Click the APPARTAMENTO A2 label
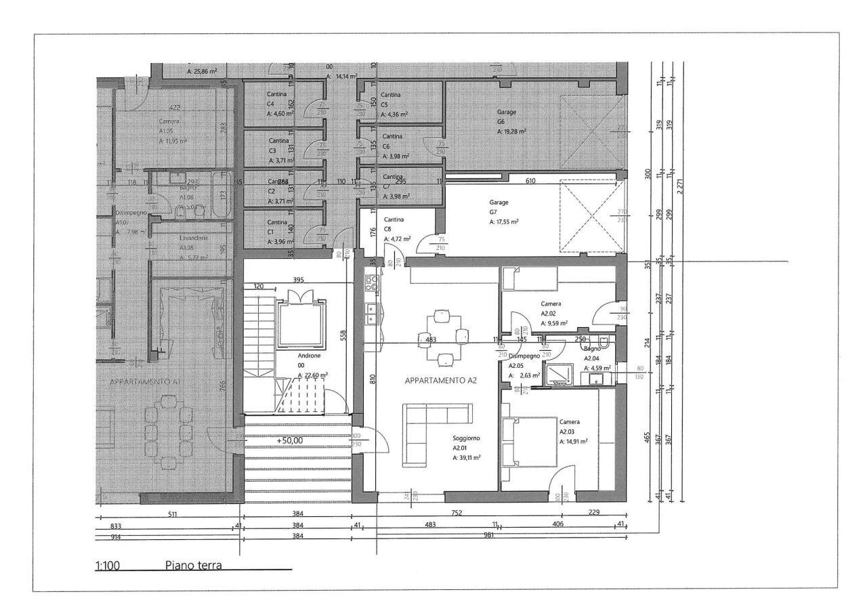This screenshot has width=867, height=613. (x=441, y=381)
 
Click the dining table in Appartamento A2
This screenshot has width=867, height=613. (x=443, y=337)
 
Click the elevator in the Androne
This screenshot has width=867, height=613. (x=298, y=325)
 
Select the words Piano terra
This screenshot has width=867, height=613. (x=193, y=566)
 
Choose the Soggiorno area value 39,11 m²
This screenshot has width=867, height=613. (x=466, y=458)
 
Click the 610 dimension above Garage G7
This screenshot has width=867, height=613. (x=530, y=182)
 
